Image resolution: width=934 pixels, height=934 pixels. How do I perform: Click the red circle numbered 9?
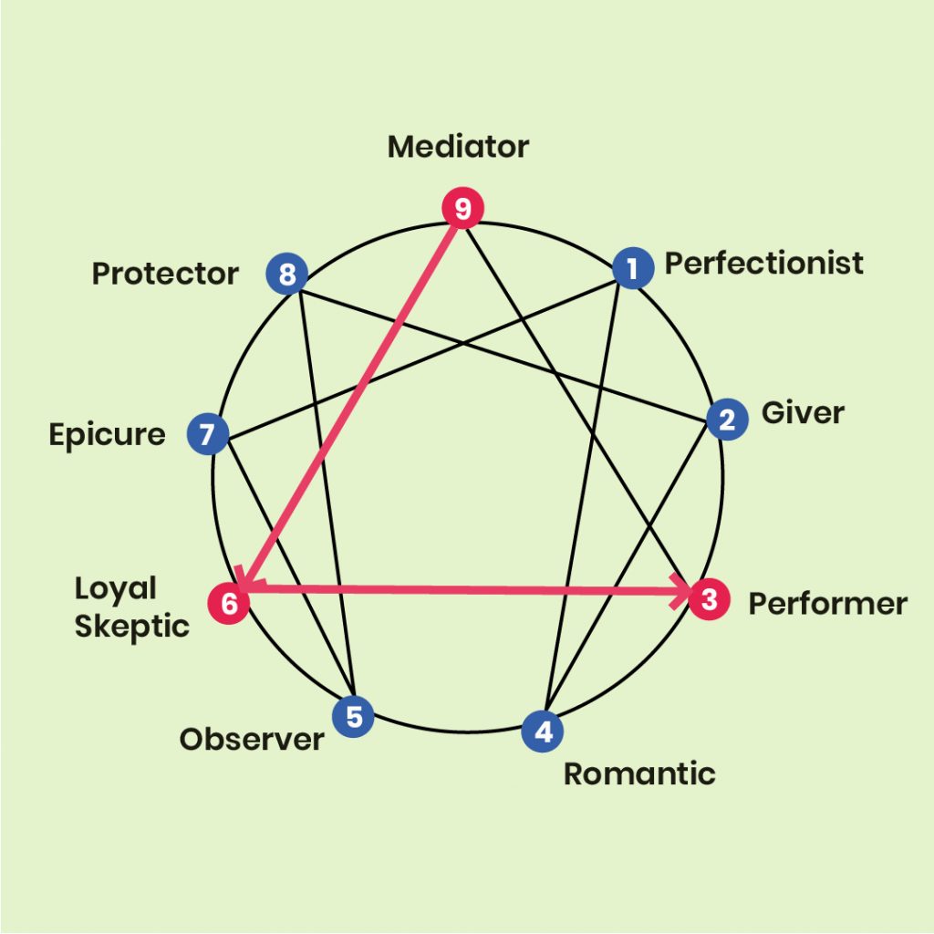(x=462, y=208)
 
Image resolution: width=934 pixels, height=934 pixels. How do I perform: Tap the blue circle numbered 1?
(x=633, y=268)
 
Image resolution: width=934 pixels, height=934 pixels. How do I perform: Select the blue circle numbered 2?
(x=727, y=420)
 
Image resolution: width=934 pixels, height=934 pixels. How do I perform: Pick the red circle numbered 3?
(x=709, y=598)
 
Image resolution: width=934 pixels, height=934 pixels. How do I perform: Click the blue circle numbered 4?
(x=543, y=731)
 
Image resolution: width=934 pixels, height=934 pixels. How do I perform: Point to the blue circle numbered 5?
(x=353, y=716)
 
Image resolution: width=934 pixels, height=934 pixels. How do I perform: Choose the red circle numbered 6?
(x=229, y=604)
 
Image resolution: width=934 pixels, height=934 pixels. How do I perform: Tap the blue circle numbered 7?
(x=208, y=433)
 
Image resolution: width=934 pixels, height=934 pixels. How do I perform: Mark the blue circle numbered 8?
(x=286, y=274)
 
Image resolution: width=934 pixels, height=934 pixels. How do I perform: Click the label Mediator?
(x=458, y=147)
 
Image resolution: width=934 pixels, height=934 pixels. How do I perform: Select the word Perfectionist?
(x=763, y=264)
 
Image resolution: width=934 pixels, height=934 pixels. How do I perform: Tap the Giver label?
(x=803, y=413)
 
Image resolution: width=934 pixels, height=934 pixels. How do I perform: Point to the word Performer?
(x=828, y=604)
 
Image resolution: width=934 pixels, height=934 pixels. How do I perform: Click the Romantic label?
(x=639, y=773)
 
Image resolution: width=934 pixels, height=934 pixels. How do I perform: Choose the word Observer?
(x=252, y=739)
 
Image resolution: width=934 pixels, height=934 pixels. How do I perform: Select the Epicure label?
(x=108, y=435)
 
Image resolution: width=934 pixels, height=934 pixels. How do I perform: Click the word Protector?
(x=165, y=274)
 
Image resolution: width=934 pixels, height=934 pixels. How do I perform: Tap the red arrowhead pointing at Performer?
(x=680, y=591)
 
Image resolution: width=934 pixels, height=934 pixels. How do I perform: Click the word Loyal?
(x=116, y=588)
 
